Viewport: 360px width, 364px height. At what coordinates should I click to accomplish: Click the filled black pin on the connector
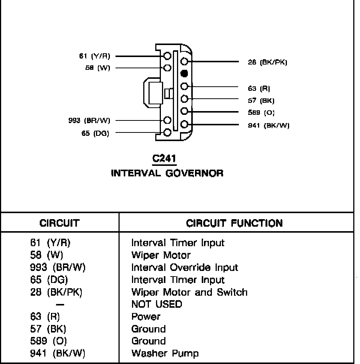point(184,73)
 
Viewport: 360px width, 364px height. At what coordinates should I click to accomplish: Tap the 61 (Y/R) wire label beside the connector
point(94,56)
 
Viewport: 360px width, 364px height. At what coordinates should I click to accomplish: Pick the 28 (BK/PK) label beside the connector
point(267,62)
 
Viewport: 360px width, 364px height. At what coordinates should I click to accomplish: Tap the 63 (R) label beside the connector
point(259,89)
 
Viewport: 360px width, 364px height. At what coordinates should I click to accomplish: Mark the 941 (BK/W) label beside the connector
point(268,125)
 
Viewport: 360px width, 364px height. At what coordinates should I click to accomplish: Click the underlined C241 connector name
point(164,159)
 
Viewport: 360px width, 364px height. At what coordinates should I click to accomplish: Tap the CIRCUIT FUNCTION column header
point(234,223)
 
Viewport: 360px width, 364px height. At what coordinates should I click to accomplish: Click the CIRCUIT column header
point(60,223)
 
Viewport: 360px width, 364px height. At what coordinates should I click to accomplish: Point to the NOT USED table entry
point(156,304)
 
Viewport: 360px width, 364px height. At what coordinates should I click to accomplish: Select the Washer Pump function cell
point(165,353)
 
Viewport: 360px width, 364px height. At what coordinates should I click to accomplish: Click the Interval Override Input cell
point(184,268)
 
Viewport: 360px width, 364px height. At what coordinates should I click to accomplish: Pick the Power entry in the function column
point(145,316)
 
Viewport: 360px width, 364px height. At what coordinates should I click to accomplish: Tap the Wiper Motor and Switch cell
point(189,292)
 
